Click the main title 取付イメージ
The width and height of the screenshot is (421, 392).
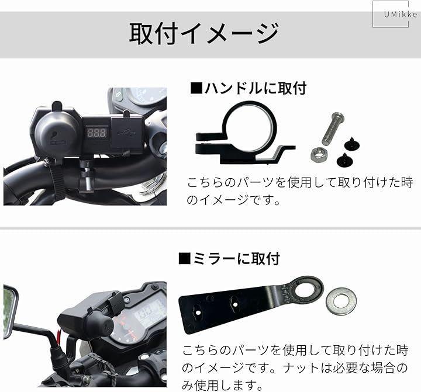[x=205, y=33]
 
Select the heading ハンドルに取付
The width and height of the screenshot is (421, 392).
[x=249, y=88]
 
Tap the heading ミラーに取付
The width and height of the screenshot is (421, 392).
[x=230, y=259]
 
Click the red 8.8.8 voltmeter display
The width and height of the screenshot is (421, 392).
[x=96, y=132]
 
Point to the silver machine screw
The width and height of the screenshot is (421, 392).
[x=333, y=129]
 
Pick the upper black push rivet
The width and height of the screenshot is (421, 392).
[x=352, y=144]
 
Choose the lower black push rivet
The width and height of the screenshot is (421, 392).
[x=345, y=159]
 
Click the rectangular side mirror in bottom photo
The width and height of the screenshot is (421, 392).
[x=10, y=311]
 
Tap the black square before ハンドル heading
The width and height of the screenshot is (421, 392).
[x=196, y=88]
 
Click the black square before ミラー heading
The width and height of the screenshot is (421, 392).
[x=184, y=259]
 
